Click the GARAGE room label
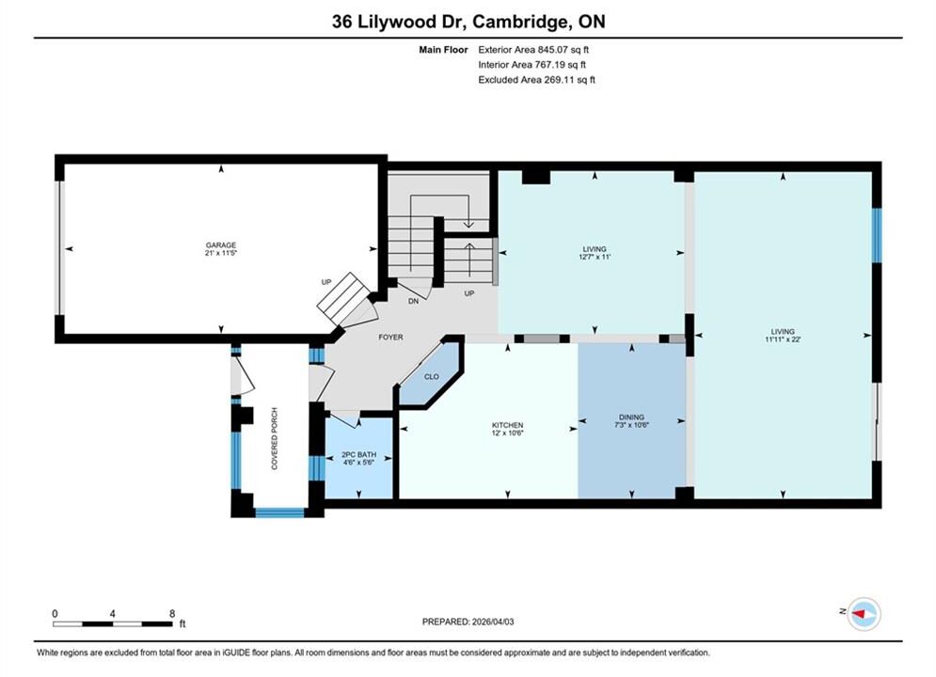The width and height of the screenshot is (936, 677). point(221,244)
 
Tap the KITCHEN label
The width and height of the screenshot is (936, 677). point(507,425)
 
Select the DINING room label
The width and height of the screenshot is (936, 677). point(631,417)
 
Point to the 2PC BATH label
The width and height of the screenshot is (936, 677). point(358,454)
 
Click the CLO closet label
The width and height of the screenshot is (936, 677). point(432,376)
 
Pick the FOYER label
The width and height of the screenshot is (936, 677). point(391,337)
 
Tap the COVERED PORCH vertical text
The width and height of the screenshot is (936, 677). point(275,438)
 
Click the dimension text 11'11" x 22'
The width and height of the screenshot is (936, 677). point(783,339)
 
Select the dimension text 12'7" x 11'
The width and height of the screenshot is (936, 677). point(595,257)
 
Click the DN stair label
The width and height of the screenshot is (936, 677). point(413,301)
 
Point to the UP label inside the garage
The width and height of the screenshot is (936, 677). point(325,282)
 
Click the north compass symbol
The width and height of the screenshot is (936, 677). point(864,614)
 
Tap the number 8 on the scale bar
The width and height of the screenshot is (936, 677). point(172,614)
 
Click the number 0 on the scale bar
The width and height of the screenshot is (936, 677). point(55,614)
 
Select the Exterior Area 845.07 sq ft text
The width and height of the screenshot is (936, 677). point(533,50)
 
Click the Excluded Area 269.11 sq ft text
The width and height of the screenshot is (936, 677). point(536,79)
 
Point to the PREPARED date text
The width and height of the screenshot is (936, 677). point(468,622)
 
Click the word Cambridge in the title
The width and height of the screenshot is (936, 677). point(519,22)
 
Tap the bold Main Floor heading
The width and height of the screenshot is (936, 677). point(443,50)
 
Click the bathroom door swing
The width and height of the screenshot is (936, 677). point(344,420)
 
